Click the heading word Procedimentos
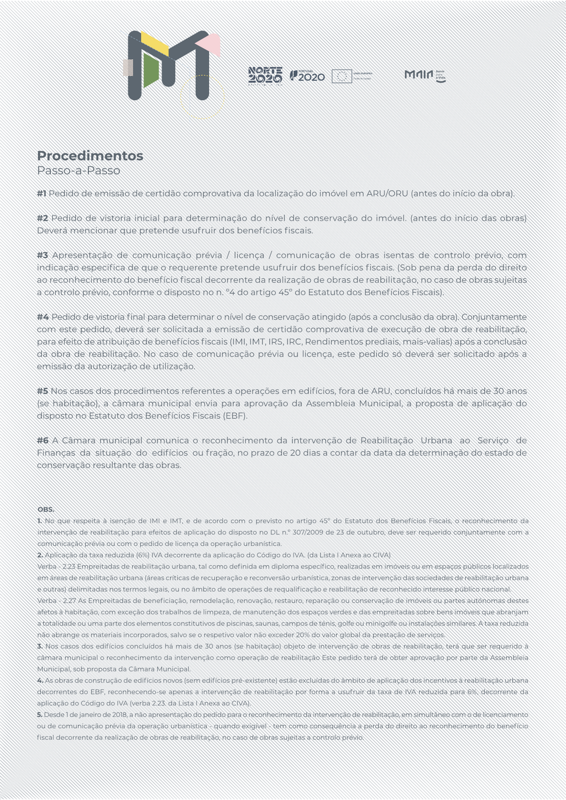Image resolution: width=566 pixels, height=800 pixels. tap(90, 156)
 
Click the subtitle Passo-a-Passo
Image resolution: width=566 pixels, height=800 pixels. tap(78, 171)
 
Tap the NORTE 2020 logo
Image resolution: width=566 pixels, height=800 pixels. tap(265, 76)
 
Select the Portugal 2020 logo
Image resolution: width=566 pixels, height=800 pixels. tap(308, 76)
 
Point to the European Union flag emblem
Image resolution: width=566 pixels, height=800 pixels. tap(342, 76)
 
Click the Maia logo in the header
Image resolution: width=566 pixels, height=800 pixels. tap(424, 75)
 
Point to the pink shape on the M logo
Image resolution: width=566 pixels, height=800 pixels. tap(208, 42)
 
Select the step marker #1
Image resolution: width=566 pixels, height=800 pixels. tap(42, 193)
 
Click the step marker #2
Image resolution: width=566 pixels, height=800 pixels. tap(43, 218)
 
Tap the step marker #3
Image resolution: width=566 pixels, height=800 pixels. tap(43, 255)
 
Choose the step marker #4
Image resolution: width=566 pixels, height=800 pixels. tap(43, 317)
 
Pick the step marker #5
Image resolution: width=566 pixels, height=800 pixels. tap(43, 391)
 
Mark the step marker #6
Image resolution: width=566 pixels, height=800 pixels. tap(43, 440)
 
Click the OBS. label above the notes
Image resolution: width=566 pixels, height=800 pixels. tap(46, 509)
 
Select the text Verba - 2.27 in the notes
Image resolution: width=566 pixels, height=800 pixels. tap(56, 601)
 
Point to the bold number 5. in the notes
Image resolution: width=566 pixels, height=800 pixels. tap(40, 715)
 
